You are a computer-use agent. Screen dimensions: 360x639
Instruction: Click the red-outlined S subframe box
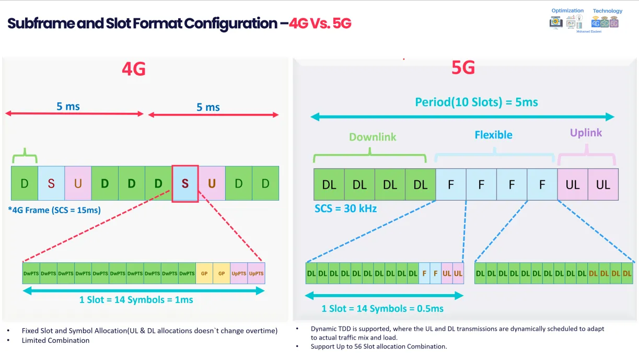tap(185, 183)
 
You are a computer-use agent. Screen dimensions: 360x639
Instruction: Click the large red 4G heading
tap(133, 69)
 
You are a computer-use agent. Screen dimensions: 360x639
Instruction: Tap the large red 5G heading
tap(463, 67)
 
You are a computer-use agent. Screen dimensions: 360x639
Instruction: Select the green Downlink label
tap(373, 137)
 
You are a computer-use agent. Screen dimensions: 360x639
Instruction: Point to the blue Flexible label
tap(493, 135)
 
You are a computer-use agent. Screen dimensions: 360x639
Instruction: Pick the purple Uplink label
tap(586, 133)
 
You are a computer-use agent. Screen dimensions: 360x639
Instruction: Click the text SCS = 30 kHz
tap(345, 208)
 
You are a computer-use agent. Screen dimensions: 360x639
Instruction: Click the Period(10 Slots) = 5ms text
tap(476, 102)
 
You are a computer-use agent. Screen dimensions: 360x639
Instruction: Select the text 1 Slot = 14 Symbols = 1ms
tap(136, 300)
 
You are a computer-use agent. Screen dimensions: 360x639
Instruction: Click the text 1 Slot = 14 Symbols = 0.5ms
tap(382, 308)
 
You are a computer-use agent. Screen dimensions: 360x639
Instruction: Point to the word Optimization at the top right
tap(567, 10)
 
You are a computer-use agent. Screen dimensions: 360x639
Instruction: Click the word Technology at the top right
tap(607, 10)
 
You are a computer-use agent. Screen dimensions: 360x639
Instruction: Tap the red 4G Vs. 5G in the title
tap(320, 24)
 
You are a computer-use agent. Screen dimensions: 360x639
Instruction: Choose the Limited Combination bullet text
tap(55, 340)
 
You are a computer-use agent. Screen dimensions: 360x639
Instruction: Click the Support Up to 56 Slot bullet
tap(378, 346)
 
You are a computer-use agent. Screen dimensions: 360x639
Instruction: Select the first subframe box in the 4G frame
tap(25, 183)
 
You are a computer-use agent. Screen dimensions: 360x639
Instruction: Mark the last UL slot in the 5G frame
tap(603, 184)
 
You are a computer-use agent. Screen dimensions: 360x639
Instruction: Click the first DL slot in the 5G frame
tap(329, 184)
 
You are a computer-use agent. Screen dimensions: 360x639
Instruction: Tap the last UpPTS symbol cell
tap(256, 273)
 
